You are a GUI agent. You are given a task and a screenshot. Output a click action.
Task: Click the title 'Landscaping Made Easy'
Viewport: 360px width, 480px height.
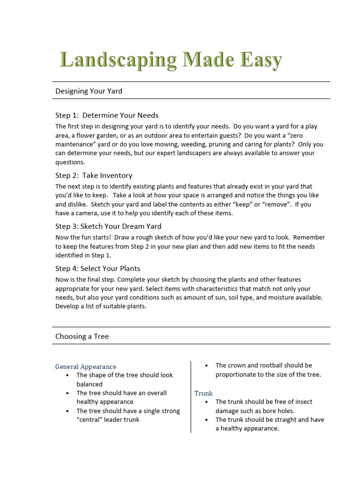[x=171, y=60]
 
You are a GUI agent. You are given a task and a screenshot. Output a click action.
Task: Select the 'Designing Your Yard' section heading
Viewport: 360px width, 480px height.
[x=89, y=91]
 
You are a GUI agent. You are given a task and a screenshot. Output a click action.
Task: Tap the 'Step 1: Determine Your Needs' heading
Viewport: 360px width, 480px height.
[x=107, y=115]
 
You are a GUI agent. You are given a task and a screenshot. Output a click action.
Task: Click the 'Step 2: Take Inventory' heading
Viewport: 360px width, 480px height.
[x=94, y=175]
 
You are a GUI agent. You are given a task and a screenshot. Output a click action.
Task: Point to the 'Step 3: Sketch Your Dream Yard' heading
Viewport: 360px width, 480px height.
[x=109, y=226]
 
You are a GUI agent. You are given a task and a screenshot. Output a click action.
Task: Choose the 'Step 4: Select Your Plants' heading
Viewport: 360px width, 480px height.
[x=97, y=269]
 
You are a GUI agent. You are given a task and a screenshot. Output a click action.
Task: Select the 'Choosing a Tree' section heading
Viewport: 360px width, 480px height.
[x=82, y=336]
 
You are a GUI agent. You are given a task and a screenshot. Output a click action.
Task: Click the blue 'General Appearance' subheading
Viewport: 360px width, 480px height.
[x=86, y=367]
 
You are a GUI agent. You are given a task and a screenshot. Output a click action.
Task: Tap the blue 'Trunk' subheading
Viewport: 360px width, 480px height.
[x=203, y=393]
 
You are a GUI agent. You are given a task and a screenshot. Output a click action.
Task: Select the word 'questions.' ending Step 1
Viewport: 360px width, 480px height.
[x=70, y=162]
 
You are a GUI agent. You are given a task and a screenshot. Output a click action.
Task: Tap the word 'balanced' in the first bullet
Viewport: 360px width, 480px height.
[x=90, y=384]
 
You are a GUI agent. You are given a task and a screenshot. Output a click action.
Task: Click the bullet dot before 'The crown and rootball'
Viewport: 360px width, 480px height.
[x=207, y=365]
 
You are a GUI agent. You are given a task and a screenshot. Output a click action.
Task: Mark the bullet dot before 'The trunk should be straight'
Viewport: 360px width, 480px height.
[x=207, y=420]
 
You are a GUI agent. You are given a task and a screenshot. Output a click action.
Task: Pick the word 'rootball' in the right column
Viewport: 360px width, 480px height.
[x=279, y=365]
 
